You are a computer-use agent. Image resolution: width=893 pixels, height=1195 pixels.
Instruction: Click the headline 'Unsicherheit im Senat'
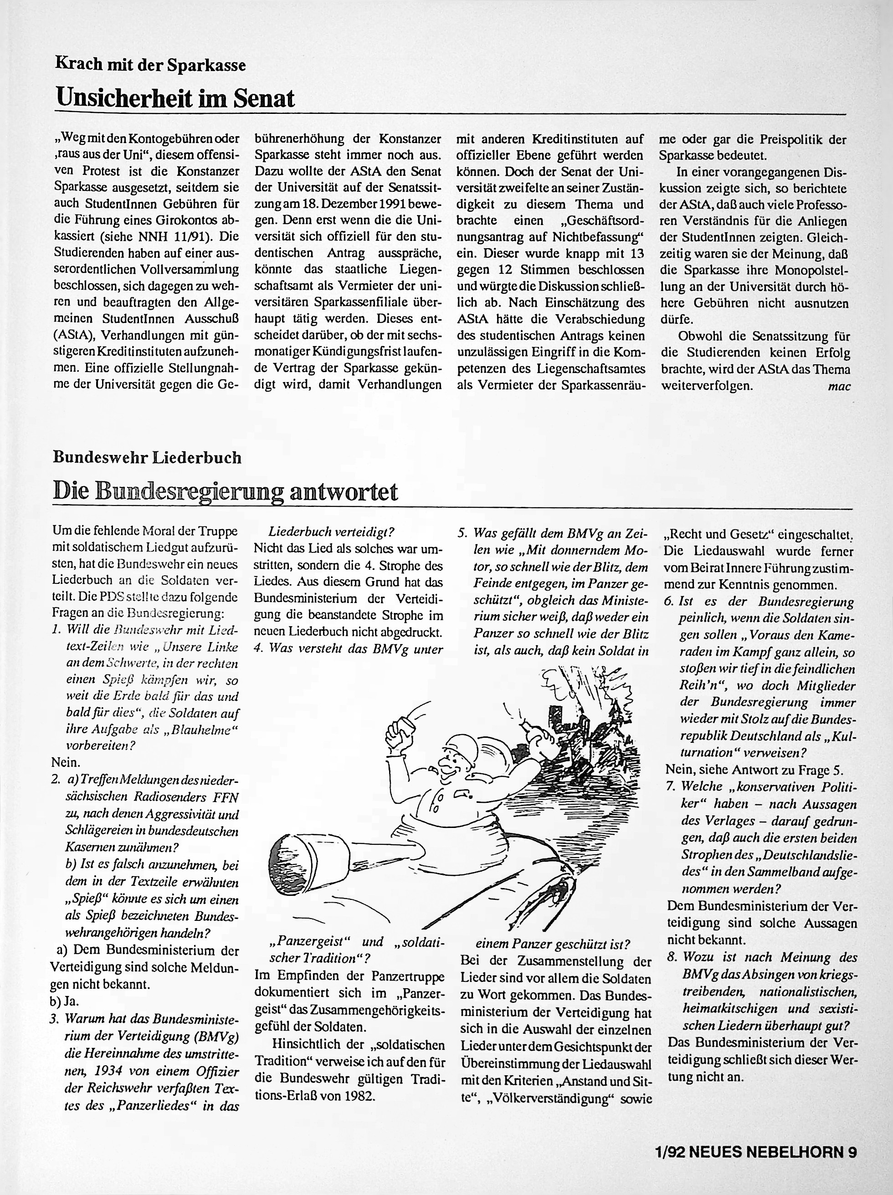[x=176, y=98]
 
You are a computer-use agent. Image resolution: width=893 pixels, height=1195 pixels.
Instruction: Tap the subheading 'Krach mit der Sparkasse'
[x=150, y=65]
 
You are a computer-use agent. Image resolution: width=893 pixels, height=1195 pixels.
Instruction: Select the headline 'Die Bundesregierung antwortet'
[x=226, y=491]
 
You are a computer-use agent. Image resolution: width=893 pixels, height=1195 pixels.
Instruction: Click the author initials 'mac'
[x=840, y=386]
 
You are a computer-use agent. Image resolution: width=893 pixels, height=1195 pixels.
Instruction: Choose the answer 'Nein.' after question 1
[x=66, y=763]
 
